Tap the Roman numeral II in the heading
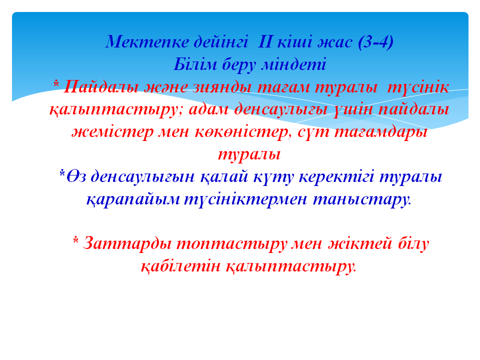point(265,42)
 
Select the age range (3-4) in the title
point(375,42)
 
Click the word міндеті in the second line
point(293,64)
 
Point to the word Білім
point(195,64)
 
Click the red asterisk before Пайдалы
point(56,83)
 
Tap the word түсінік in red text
point(418,87)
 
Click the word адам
point(209,110)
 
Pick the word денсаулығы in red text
point(280,110)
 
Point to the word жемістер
point(112,132)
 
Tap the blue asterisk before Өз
point(62,173)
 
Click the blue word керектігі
point(336,177)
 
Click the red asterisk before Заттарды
point(76,240)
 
